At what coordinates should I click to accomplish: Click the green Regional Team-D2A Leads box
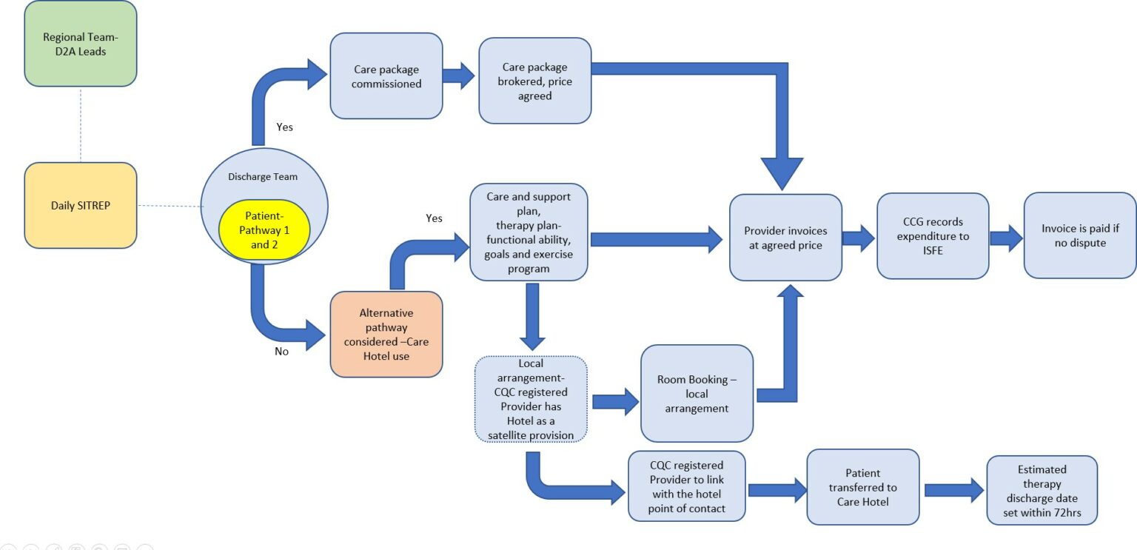pyautogui.click(x=81, y=44)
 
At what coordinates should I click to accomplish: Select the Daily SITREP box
pyautogui.click(x=81, y=206)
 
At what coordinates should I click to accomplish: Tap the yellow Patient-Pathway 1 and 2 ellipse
pyautogui.click(x=264, y=229)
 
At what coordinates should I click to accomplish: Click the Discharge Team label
pyautogui.click(x=263, y=177)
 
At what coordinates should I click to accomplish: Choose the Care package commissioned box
pyautogui.click(x=386, y=76)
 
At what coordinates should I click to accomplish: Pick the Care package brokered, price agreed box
pyautogui.click(x=535, y=81)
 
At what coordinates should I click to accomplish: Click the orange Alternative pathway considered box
pyautogui.click(x=386, y=335)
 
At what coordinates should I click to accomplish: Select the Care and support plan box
pyautogui.click(x=529, y=232)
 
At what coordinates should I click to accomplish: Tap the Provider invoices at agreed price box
pyautogui.click(x=785, y=238)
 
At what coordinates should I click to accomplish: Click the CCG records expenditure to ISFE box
pyautogui.click(x=933, y=236)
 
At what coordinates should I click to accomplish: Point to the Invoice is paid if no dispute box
pyautogui.click(x=1080, y=235)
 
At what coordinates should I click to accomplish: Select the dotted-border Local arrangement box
pyautogui.click(x=531, y=399)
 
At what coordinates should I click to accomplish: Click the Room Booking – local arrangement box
pyautogui.click(x=697, y=394)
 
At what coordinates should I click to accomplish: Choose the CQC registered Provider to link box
pyautogui.click(x=687, y=486)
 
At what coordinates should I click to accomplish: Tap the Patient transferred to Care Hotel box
pyautogui.click(x=863, y=487)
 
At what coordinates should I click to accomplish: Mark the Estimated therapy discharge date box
pyautogui.click(x=1042, y=491)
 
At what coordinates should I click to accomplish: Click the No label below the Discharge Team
pyautogui.click(x=282, y=352)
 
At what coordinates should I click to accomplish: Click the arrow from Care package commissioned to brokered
pyautogui.click(x=459, y=76)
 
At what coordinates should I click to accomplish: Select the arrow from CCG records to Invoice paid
pyautogui.click(x=1007, y=238)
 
